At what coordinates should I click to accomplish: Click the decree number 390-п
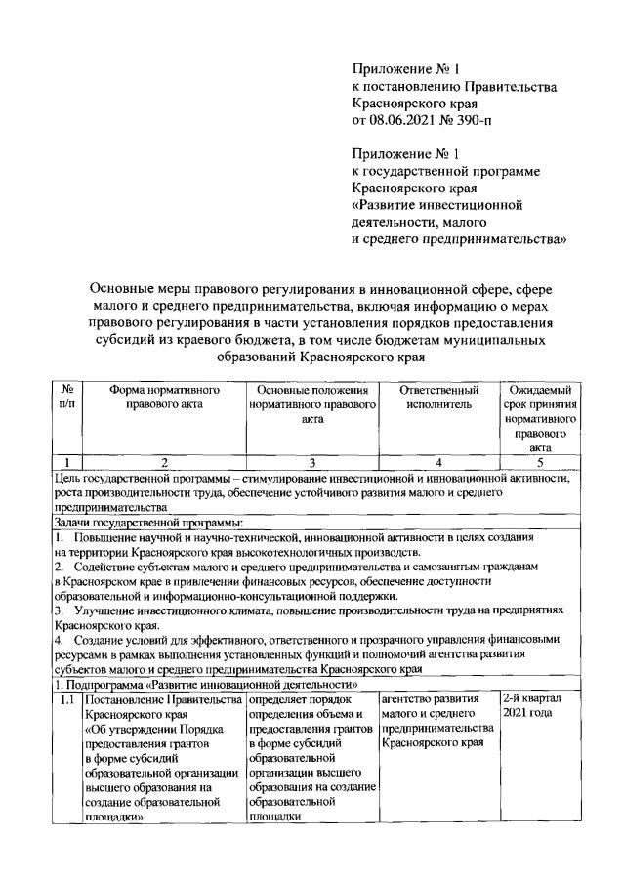coord(465,121)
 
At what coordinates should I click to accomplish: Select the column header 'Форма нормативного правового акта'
coord(164,397)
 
